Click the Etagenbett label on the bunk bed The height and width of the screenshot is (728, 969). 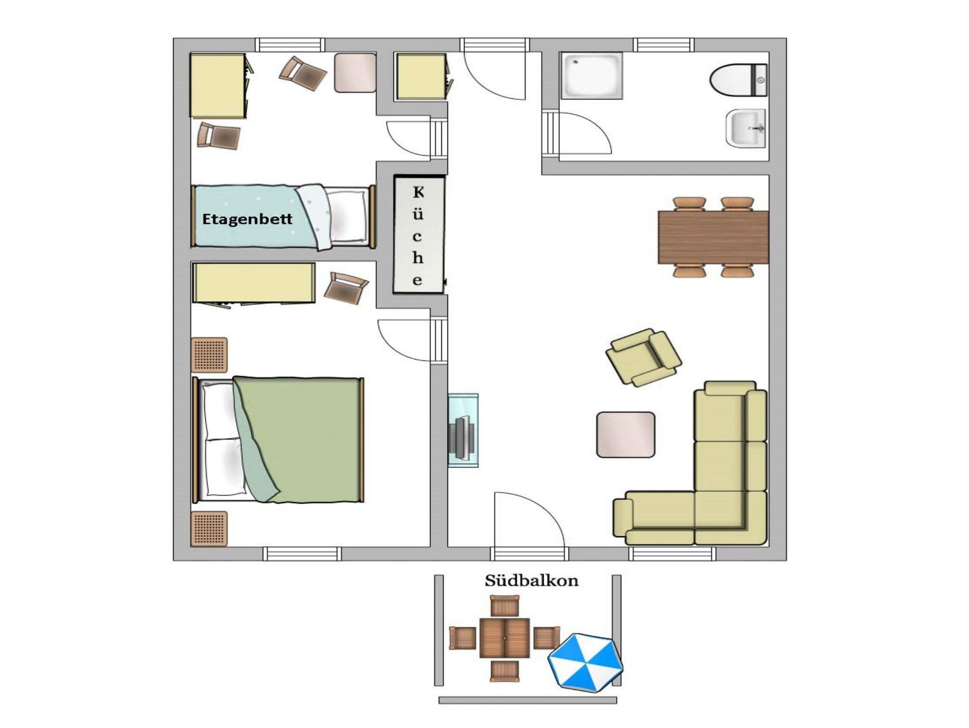[247, 219]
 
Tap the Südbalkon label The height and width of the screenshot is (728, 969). [531, 581]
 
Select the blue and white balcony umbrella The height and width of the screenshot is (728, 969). [586, 663]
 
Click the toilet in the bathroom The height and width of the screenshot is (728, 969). [739, 80]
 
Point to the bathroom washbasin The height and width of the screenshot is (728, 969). [746, 128]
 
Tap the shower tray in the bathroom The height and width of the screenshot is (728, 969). [591, 76]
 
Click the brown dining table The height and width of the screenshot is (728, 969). [713, 237]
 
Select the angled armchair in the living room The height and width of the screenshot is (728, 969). [643, 357]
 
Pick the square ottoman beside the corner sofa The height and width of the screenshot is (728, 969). [625, 435]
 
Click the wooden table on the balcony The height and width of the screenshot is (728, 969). [504, 638]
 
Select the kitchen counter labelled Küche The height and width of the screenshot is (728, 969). [419, 235]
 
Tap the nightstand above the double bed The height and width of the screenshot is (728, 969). [209, 355]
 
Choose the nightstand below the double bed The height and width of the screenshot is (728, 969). [209, 528]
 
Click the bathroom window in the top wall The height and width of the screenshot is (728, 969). [664, 45]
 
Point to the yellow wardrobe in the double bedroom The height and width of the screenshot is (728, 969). [254, 283]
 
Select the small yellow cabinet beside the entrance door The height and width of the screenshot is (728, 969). [421, 77]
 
